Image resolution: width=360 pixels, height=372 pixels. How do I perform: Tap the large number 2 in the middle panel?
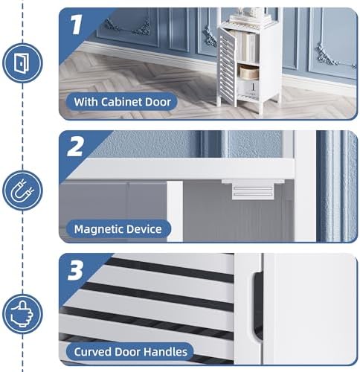(x=75, y=147)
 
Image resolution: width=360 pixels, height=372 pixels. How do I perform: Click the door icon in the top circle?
(x=20, y=63)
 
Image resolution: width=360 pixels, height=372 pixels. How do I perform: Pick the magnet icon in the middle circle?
(x=22, y=190)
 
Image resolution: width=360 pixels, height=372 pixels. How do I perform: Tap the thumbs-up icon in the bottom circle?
(x=22, y=313)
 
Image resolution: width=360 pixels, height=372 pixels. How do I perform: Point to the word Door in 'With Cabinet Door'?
(x=158, y=102)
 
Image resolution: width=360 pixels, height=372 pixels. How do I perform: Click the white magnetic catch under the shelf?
(x=253, y=189)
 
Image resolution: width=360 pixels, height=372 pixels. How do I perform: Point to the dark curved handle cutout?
(x=258, y=307)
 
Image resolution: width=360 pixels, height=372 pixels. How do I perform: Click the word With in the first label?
(x=86, y=102)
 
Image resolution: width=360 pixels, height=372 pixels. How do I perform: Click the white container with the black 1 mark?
(x=248, y=89)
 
